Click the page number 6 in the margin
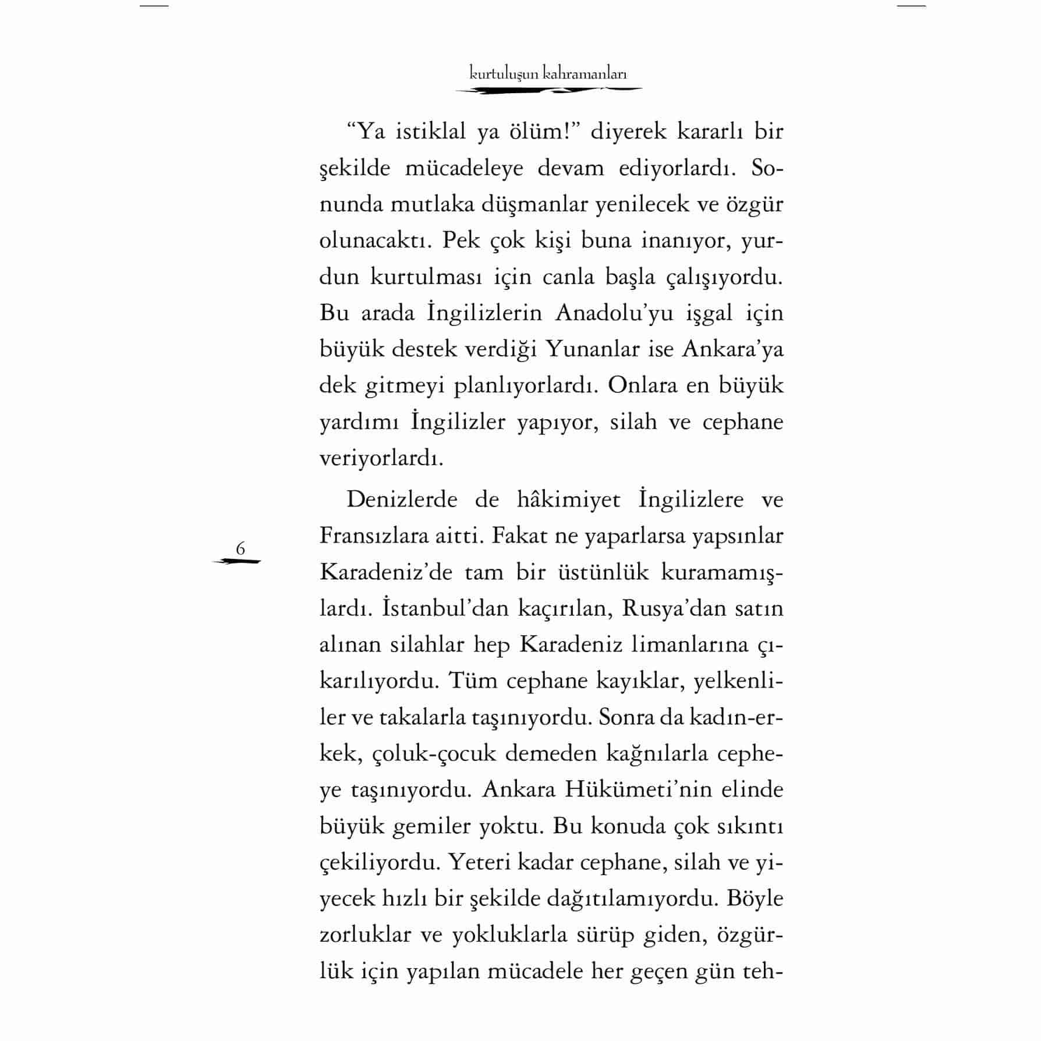(x=240, y=548)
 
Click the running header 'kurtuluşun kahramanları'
(x=548, y=74)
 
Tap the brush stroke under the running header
(x=548, y=90)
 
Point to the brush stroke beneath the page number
(x=238, y=562)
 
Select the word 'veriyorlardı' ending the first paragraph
(x=381, y=458)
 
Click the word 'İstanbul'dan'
(x=438, y=608)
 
